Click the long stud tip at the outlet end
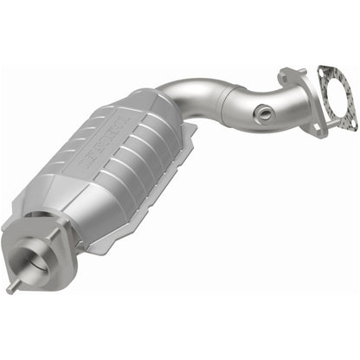pos(11,290)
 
